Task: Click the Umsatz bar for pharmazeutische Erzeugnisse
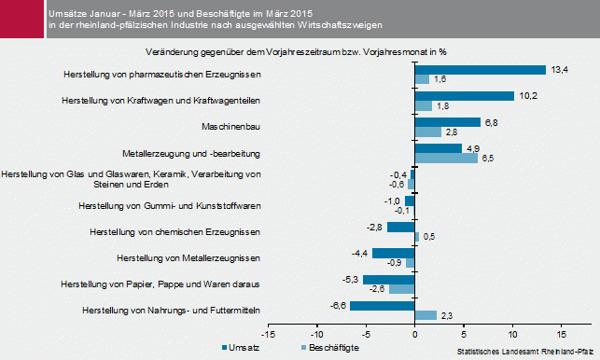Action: (x=480, y=70)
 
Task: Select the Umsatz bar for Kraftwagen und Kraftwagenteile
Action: (x=464, y=96)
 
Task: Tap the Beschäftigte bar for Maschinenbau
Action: (x=427, y=132)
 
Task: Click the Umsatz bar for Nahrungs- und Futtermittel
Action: (x=382, y=306)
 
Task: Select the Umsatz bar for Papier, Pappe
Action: (x=388, y=280)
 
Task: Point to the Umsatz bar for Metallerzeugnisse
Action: (x=393, y=254)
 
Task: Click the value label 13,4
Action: (x=560, y=69)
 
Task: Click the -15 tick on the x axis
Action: (x=269, y=333)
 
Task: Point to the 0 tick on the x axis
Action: (x=414, y=333)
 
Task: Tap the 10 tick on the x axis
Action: (x=511, y=333)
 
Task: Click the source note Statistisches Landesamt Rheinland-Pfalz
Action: (x=526, y=353)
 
